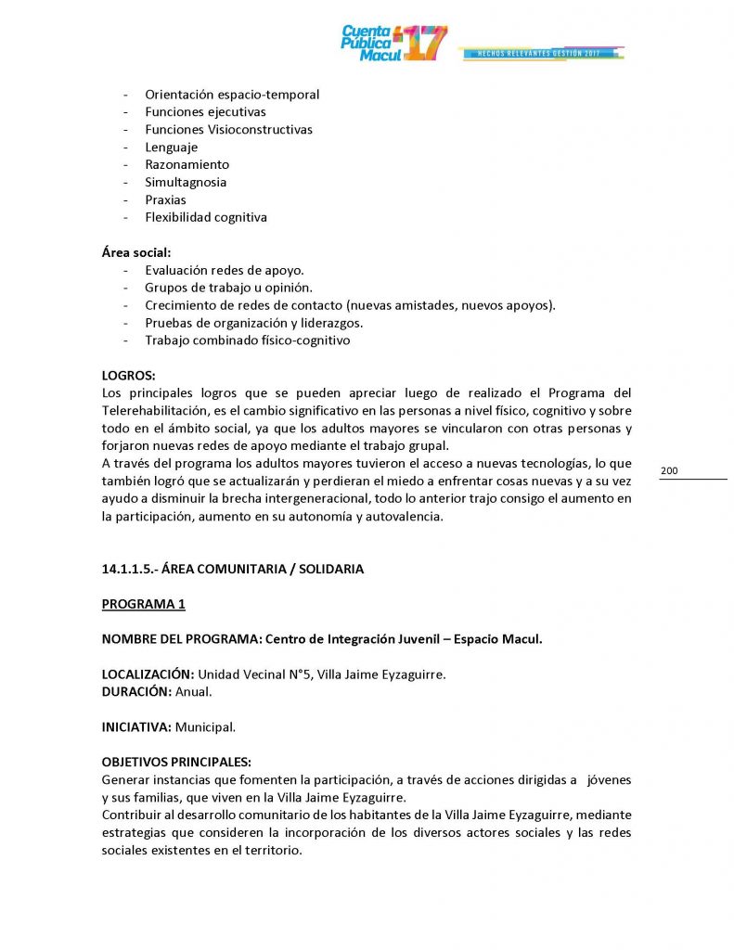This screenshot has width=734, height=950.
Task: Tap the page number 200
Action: pos(669,471)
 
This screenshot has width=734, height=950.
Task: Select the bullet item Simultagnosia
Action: pos(186,183)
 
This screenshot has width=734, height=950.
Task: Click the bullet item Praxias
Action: pos(165,200)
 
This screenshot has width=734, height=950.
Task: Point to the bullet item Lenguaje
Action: pos(171,148)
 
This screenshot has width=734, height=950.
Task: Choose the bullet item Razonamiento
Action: pos(187,165)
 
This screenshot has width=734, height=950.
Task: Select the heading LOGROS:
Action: pos(129,376)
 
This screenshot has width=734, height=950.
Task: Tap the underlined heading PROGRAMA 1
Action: pos(143,605)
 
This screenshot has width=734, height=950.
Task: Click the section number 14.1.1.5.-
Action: pos(131,570)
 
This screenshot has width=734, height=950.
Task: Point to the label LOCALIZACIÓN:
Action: pos(148,674)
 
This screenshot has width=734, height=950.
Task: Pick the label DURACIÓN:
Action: pos(136,692)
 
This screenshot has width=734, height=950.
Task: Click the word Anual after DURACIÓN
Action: pos(194,692)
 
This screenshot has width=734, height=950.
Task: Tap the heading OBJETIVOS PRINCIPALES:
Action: pos(176,763)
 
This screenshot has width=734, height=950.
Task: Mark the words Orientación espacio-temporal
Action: pos(232,95)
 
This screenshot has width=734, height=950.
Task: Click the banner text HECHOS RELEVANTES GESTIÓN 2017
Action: pos(538,54)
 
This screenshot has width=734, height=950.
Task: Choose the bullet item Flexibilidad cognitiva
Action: pos(205,218)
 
